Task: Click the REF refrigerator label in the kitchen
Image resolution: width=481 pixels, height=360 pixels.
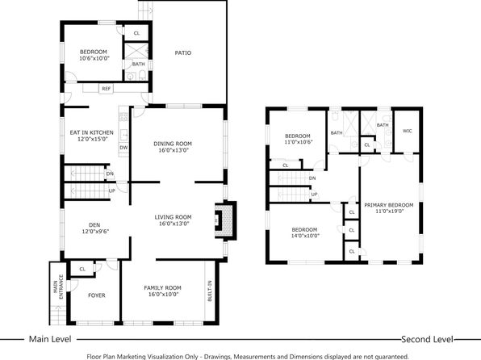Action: point(107,89)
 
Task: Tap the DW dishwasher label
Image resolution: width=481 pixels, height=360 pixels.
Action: point(123,148)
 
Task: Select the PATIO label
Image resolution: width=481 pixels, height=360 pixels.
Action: point(183,52)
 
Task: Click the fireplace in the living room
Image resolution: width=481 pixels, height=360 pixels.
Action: point(225,220)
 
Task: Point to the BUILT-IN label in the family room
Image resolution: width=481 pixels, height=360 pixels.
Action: point(210,291)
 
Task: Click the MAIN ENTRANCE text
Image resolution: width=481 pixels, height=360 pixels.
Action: point(58,287)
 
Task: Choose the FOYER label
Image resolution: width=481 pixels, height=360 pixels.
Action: point(97,295)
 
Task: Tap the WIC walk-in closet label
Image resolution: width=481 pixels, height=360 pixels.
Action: point(407,131)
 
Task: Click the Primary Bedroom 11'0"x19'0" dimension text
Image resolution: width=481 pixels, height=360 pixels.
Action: point(389,211)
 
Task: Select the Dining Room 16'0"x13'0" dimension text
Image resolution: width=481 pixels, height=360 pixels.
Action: point(174,150)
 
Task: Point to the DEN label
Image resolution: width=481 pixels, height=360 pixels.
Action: point(94,225)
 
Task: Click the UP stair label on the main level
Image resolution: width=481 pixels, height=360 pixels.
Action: point(112,190)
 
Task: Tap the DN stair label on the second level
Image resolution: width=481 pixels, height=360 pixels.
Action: point(312,178)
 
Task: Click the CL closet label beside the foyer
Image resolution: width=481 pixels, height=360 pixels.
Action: point(82,269)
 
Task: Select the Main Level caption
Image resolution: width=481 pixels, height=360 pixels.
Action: point(50,339)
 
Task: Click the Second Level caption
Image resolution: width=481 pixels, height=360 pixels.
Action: point(427,339)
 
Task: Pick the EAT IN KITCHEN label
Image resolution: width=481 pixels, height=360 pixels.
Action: point(92,132)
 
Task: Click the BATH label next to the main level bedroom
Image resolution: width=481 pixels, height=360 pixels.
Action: point(138,64)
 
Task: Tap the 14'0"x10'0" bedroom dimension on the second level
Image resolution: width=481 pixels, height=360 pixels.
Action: point(305,236)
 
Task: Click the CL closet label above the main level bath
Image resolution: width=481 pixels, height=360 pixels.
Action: point(136,33)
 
